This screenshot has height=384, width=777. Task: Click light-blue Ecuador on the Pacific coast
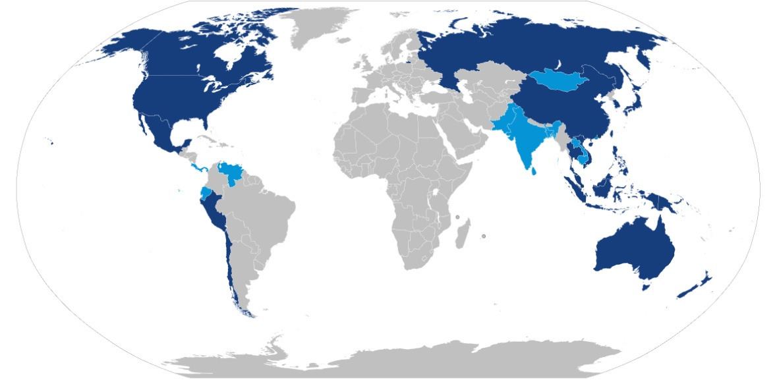(206, 194)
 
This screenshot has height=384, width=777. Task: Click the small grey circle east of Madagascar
(483, 236)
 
